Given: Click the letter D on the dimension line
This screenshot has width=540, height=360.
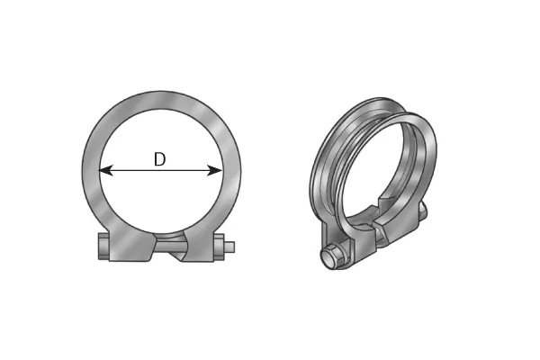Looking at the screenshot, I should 159,159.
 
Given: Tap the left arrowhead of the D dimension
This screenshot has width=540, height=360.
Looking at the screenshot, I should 104,169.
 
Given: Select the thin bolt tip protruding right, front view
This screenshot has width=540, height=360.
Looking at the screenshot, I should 233,247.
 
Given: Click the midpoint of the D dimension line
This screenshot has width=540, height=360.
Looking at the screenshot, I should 160,169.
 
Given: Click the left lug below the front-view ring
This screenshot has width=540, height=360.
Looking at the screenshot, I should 126,247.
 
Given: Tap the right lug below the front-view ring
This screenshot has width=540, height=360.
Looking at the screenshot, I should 198,247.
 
